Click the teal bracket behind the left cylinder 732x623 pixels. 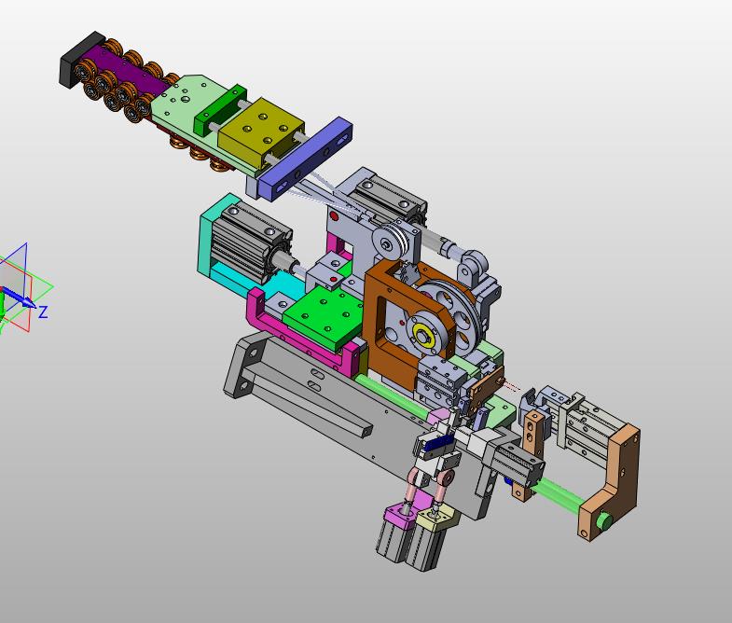click(214, 238)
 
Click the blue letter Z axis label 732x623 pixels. click(43, 312)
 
